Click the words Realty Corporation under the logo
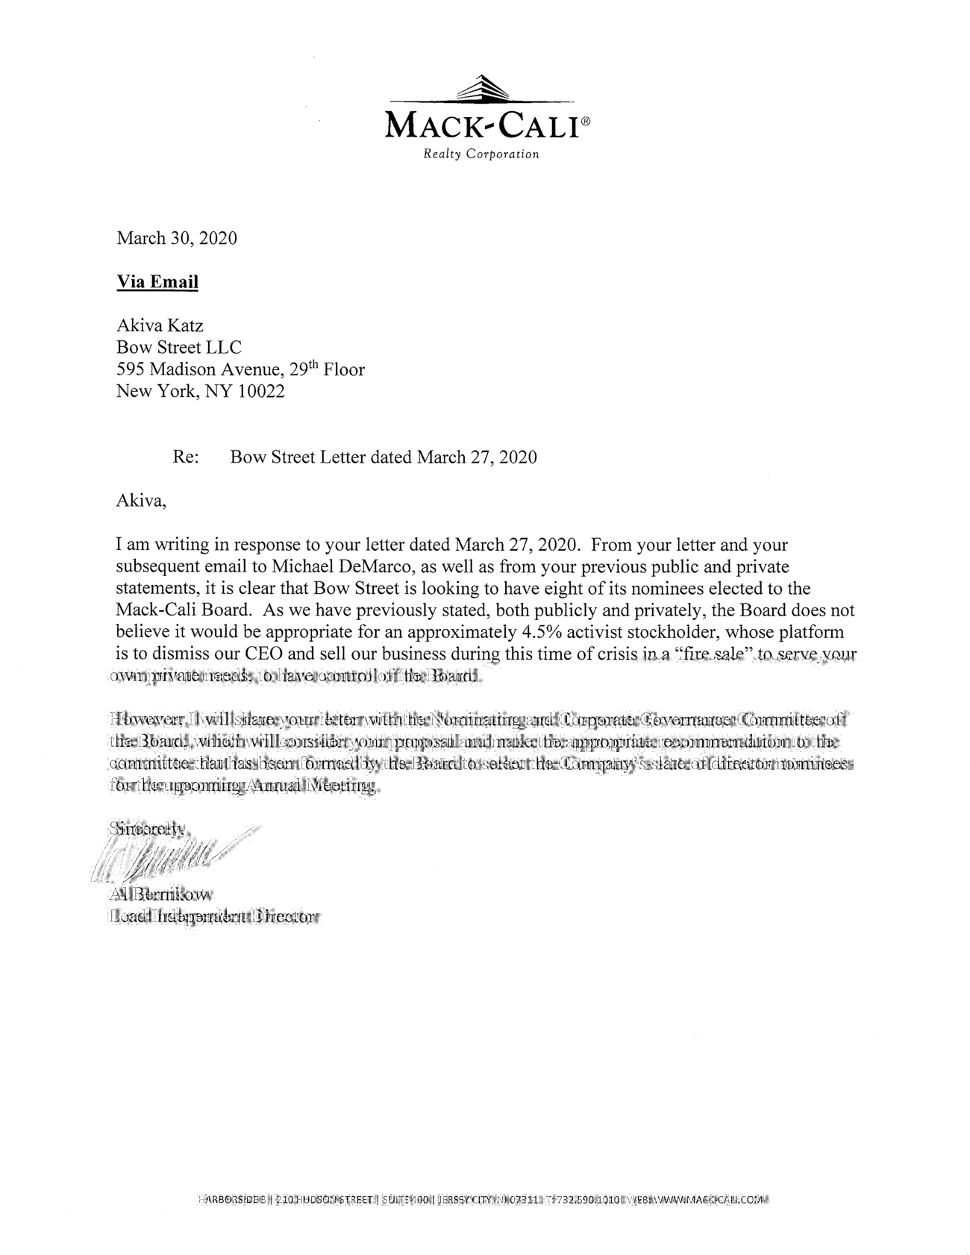click(481, 154)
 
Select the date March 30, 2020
click(177, 238)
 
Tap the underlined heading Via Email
click(157, 282)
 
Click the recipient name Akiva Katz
click(160, 325)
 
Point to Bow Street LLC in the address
click(179, 347)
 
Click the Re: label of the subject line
click(186, 457)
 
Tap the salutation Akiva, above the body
click(141, 501)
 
